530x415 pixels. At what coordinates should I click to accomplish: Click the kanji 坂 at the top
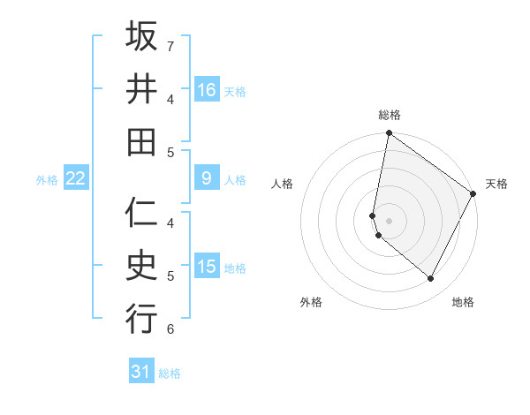(141, 37)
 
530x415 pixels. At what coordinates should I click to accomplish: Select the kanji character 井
(141, 89)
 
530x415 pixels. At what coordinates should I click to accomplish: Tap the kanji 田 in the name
(141, 141)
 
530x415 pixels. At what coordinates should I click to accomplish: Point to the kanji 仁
(141, 214)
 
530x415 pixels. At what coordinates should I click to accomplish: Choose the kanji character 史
(141, 266)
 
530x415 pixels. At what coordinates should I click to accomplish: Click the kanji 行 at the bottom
(141, 318)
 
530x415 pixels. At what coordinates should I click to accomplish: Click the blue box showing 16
(207, 89)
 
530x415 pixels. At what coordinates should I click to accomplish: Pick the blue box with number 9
(207, 178)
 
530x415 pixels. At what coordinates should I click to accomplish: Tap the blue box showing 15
(207, 267)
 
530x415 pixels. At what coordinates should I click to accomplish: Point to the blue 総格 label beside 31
(170, 373)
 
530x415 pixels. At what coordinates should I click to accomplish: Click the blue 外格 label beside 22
(47, 180)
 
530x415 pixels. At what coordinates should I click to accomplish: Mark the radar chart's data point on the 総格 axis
(389, 134)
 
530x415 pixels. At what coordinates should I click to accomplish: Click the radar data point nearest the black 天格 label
(473, 195)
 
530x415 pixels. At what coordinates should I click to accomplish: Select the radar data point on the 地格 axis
(431, 279)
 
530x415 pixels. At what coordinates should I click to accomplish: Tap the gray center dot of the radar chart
(389, 221)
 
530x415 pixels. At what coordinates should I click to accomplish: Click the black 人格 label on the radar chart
(282, 184)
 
